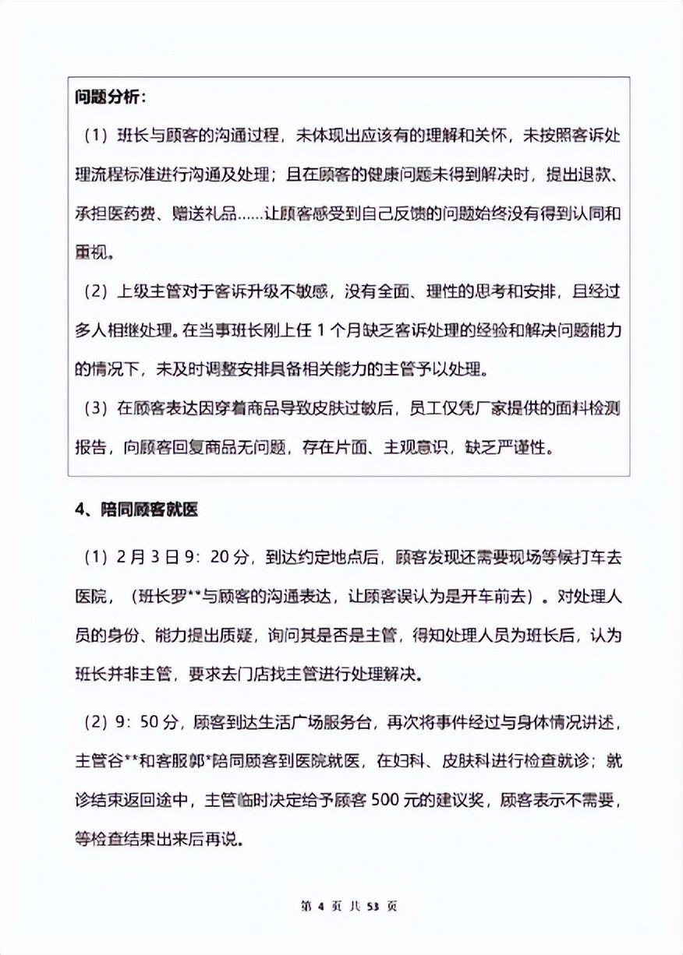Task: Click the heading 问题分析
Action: click(110, 98)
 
